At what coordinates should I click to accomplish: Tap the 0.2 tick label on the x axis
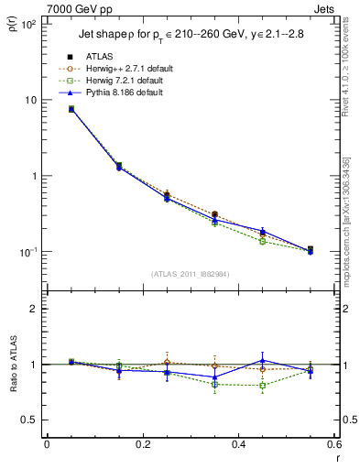(142, 445)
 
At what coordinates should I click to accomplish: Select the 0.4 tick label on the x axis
(238, 445)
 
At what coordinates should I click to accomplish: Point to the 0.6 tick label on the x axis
(333, 445)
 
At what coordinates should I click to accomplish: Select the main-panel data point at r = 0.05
(71, 109)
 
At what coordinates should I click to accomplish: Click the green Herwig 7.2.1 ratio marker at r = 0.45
(263, 386)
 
